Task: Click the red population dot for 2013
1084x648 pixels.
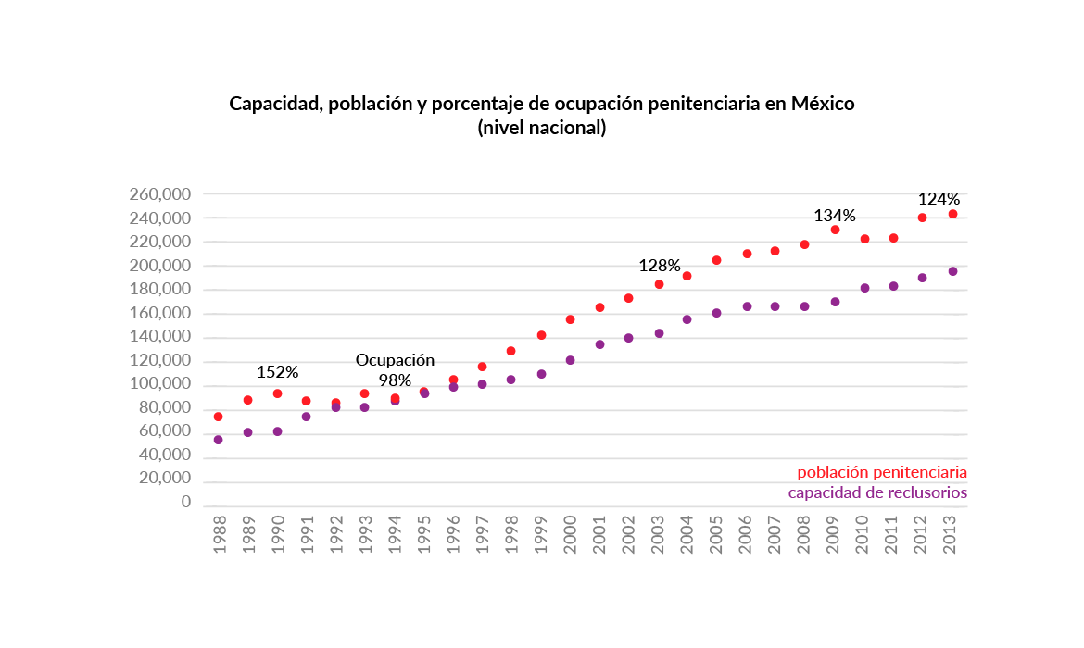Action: click(x=952, y=214)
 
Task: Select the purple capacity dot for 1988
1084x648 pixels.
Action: click(x=218, y=440)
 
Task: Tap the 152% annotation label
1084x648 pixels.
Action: click(x=277, y=372)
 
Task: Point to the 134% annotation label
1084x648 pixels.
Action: click(x=835, y=216)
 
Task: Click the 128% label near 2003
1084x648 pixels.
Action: click(x=660, y=266)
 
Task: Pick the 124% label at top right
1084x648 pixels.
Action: click(x=939, y=199)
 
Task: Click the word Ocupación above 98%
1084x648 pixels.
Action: click(x=395, y=360)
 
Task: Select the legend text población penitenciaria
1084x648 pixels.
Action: click(x=882, y=472)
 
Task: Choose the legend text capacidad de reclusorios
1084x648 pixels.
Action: click(x=877, y=492)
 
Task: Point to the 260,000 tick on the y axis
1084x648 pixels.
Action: click(x=160, y=194)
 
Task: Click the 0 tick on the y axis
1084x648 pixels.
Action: click(x=185, y=503)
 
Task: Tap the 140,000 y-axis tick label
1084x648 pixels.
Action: click(x=160, y=338)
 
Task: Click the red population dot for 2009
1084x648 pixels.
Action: click(x=835, y=230)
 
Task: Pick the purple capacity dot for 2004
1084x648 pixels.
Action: click(x=687, y=319)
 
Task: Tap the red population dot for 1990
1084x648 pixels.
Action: click(x=277, y=393)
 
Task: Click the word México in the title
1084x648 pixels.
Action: click(x=822, y=104)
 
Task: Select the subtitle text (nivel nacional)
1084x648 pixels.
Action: click(x=541, y=128)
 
